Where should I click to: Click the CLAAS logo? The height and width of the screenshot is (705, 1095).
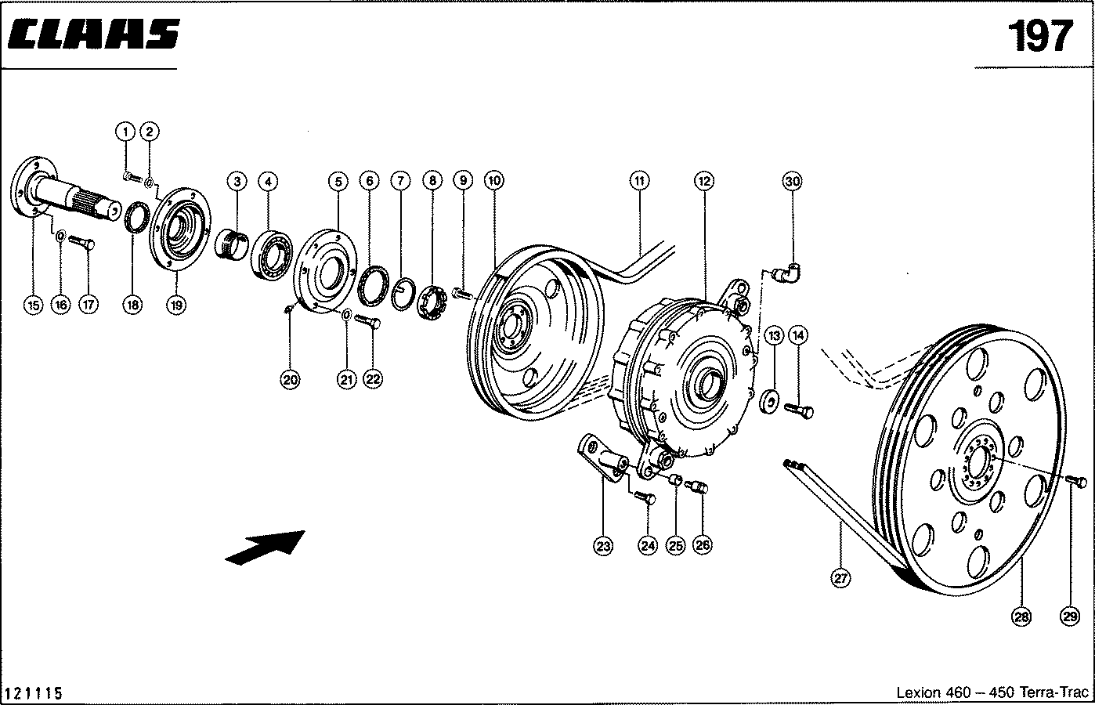click(96, 34)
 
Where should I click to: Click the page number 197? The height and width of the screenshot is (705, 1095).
click(1039, 36)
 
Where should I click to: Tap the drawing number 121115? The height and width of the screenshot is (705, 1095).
click(34, 693)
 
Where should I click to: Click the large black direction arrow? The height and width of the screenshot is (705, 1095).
click(264, 546)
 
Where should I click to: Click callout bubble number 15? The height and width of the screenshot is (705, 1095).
click(32, 305)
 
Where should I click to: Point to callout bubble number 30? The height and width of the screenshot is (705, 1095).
click(792, 181)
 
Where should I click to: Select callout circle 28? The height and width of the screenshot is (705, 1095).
click(1021, 617)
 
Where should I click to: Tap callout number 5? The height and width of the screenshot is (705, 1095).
click(338, 181)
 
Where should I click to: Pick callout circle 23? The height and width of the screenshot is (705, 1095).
click(603, 547)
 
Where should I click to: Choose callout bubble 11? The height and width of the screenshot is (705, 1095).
click(639, 181)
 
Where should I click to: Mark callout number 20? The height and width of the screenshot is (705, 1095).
click(290, 380)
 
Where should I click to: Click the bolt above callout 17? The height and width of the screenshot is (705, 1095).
click(82, 243)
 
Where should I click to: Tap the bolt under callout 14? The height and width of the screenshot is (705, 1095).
click(800, 409)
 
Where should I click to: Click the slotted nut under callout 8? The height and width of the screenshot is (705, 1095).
click(431, 304)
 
